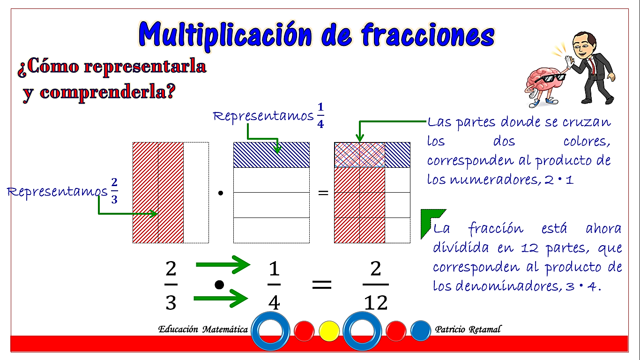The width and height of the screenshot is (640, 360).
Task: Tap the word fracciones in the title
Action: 428,35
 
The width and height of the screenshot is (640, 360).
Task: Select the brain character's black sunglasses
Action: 550,78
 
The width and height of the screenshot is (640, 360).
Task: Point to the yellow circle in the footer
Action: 329,331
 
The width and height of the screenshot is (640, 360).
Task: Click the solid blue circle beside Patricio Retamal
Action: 421,331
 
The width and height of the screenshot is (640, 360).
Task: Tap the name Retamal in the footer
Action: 485,330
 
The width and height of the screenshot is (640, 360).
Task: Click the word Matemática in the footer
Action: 225,330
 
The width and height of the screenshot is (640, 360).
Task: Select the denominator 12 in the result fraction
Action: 376,302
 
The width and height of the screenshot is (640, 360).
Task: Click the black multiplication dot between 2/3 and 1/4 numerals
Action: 219,285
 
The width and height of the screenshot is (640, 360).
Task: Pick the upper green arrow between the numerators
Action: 223,265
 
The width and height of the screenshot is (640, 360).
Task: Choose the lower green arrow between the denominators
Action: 221,298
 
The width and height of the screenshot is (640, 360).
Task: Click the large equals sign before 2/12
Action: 322,285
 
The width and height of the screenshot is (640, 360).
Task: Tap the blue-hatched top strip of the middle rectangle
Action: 271,155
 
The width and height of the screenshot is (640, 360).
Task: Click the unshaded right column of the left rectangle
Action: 196,193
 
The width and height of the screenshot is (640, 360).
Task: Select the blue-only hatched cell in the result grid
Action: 397,155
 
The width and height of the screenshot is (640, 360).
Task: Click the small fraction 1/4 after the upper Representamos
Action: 320,115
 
